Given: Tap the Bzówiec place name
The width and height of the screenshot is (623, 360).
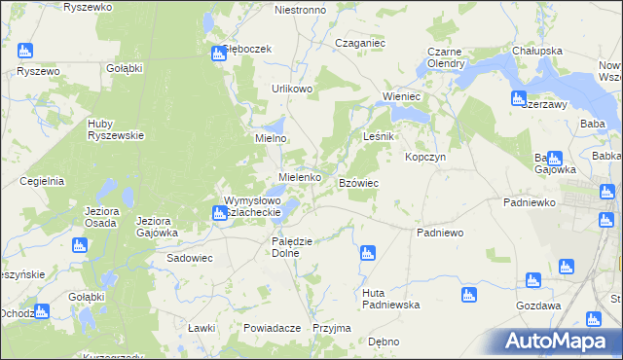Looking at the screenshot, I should tap(358, 183).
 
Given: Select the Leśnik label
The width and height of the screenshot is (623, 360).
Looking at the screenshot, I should tap(378, 137).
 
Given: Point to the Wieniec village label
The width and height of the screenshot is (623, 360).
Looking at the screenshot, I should tap(401, 97).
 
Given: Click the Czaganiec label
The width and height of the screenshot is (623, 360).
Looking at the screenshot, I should tap(360, 44).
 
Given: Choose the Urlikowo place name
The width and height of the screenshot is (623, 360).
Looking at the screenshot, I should tap(292, 89).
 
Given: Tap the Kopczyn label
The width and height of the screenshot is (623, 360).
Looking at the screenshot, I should tap(425, 157).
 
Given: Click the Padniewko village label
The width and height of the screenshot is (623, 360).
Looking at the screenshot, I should tap(530, 202).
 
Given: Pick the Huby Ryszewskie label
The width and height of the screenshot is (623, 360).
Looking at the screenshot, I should tap(116, 129).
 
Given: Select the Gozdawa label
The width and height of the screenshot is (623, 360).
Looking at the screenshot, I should tap(538, 305).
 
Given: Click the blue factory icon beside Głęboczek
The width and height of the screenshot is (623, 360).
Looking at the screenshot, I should tap(218, 54).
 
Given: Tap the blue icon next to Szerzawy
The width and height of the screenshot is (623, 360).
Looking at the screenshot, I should tap(519, 98).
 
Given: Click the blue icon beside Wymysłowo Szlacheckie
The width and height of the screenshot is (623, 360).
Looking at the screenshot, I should tap(220, 213).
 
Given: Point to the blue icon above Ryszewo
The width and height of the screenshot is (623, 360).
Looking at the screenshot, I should tap(24, 51).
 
